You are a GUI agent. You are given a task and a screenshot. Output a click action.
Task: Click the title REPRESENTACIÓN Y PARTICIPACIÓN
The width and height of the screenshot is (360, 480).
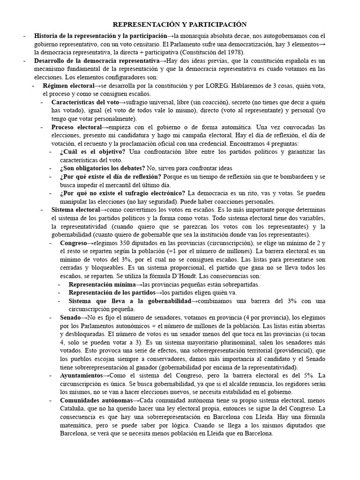pyautogui.click(x=180, y=24)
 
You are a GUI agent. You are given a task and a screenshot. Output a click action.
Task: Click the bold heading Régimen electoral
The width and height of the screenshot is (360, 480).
pyautogui.click(x=68, y=86)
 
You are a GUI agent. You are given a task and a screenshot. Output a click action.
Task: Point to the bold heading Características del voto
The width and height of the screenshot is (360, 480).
pyautogui.click(x=84, y=102)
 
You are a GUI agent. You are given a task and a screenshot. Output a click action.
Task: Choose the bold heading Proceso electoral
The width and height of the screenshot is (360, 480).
pyautogui.click(x=76, y=127)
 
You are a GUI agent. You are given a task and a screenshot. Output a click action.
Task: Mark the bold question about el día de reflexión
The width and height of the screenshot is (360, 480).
pyautogui.click(x=111, y=177)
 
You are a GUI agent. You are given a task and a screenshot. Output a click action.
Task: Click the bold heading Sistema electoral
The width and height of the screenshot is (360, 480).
pyautogui.click(x=75, y=210)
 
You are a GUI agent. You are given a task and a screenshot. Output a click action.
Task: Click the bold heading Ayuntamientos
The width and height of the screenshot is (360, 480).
pyautogui.click(x=81, y=376)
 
